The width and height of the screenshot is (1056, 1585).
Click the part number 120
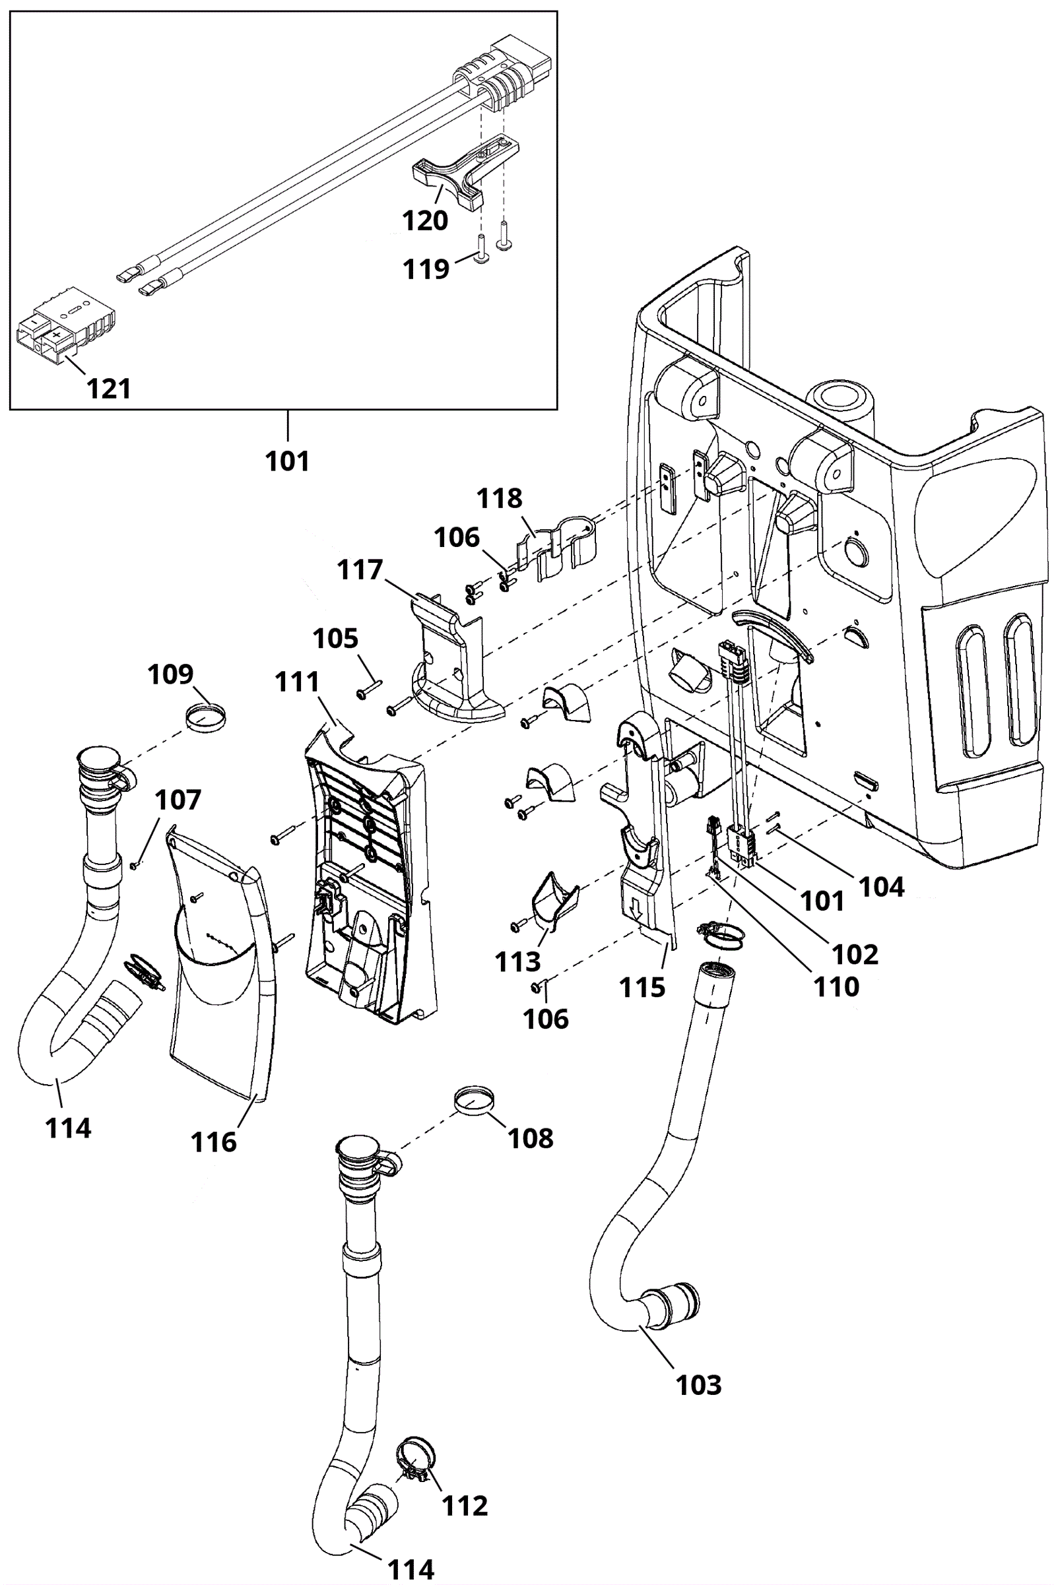pos(425,221)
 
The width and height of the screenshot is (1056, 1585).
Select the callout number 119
pos(426,269)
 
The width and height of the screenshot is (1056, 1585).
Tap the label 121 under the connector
pos(109,389)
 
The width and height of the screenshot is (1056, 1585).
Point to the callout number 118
pos(499,499)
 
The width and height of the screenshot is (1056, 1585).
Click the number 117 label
pos(360,570)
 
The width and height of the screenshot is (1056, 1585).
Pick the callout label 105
pos(335,638)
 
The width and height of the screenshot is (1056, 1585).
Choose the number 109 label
pos(170,674)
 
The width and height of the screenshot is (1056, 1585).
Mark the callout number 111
pos(297,683)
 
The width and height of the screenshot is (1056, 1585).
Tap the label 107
pos(178,800)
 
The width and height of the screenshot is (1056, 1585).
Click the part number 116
pos(213,1142)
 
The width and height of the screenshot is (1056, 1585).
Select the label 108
pos(531,1138)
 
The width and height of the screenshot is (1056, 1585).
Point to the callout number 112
pos(465,1506)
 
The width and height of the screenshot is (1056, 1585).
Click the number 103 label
pos(698,1386)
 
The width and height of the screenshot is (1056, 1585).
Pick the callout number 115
pos(642,988)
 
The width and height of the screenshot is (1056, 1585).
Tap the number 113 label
pos(517,963)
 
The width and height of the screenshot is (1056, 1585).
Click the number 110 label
pos(836,987)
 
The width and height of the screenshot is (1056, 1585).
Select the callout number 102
pos(855,955)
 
